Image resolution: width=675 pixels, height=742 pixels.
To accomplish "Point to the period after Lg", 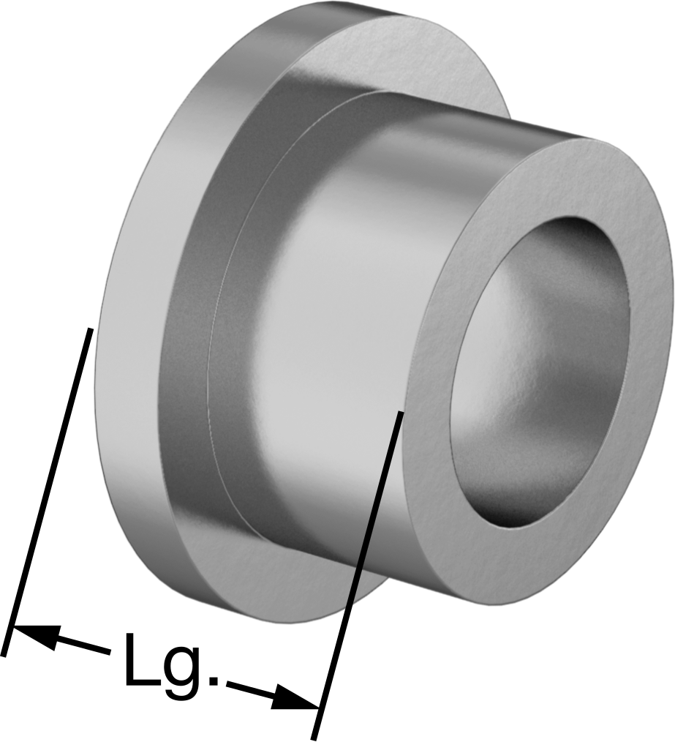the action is pos(214,681).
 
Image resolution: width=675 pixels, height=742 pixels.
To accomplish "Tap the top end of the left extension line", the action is pos(89,328).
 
